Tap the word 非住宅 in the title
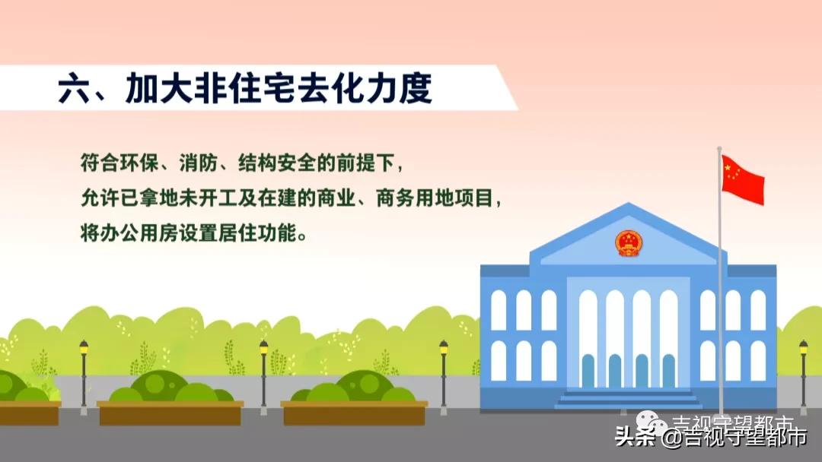244,90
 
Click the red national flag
742,179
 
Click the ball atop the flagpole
718,149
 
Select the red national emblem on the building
629,243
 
